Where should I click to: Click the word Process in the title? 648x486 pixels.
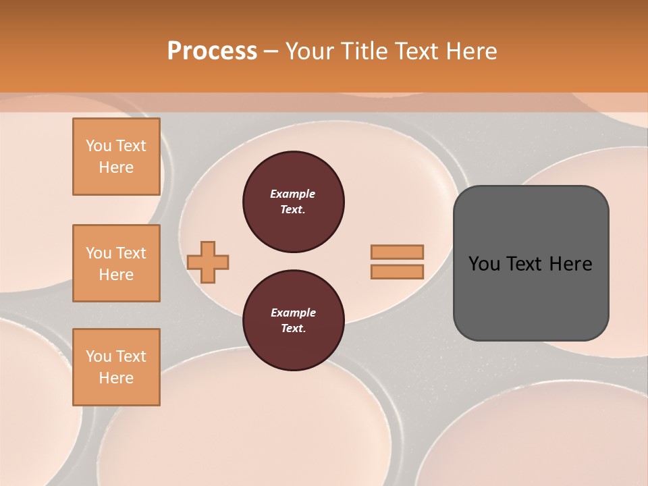tap(212, 51)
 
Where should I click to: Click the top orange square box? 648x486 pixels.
tap(116, 157)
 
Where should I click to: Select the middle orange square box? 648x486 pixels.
tap(116, 263)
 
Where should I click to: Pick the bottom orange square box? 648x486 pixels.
tap(116, 367)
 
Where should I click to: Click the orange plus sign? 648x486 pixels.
tap(208, 262)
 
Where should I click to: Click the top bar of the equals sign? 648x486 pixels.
tap(398, 252)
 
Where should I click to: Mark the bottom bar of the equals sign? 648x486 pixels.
tap(398, 271)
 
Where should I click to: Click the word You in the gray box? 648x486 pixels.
tap(485, 263)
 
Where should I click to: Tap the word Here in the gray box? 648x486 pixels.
tap(570, 263)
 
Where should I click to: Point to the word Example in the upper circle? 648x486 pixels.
tap(293, 194)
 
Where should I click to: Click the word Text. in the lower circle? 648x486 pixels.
tap(293, 329)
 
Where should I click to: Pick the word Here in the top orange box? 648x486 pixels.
tap(116, 167)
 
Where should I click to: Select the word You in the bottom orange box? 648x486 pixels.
tap(99, 356)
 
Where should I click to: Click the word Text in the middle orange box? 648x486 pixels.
tap(131, 253)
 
